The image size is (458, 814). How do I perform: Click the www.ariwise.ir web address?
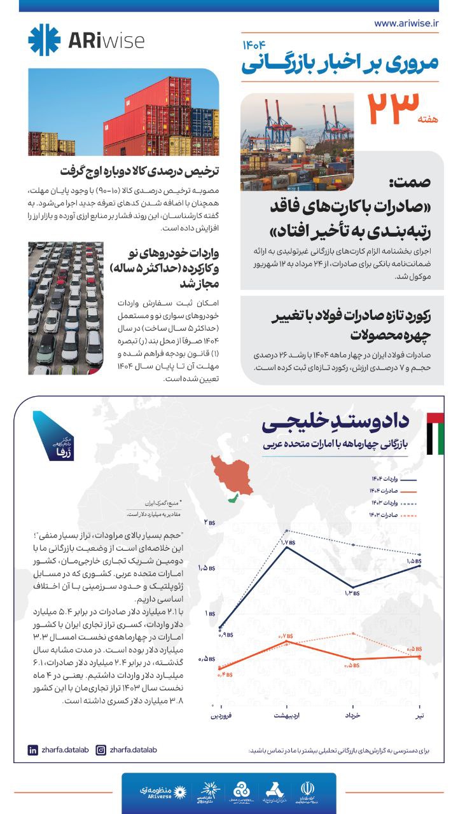pyautogui.click(x=407, y=24)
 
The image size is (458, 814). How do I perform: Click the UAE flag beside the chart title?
pyautogui.click(x=435, y=434)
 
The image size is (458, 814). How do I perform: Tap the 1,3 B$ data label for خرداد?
pyautogui.click(x=352, y=593)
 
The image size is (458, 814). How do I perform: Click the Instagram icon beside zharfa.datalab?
pyautogui.click(x=100, y=750)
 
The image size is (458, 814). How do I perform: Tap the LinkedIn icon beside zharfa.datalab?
pyautogui.click(x=33, y=750)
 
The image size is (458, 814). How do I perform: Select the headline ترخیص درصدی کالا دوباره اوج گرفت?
pyautogui.click(x=140, y=172)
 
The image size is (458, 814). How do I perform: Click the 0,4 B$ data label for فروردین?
pyautogui.click(x=225, y=675)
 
